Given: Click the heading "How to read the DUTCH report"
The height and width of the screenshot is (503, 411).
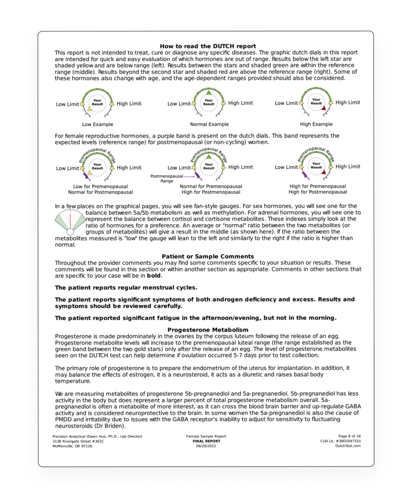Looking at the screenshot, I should [208, 46].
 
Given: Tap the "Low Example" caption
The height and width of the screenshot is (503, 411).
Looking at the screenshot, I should [97, 124].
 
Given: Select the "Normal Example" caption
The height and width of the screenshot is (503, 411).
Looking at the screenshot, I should [209, 124].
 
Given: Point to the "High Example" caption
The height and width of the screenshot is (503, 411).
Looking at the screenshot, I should [317, 124].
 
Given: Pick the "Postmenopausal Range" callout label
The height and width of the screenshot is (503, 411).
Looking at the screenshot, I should [166, 178].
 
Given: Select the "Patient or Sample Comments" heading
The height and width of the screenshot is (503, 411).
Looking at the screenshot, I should [208, 256].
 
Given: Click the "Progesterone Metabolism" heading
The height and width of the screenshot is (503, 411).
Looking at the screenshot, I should [208, 330].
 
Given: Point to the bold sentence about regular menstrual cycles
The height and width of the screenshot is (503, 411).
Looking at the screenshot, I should [126, 287].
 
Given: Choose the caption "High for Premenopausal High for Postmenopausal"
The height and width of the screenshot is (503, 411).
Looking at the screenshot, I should [318, 189].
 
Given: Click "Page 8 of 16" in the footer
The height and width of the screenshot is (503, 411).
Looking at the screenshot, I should [350, 436].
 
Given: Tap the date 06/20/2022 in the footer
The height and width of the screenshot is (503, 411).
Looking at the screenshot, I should [206, 445].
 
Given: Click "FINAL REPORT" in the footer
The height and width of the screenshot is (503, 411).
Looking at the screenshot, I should [206, 441].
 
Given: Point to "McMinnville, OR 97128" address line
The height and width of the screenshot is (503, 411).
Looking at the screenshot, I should [72, 445].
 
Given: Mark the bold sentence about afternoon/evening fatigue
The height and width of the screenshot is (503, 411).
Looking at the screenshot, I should [195, 318].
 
